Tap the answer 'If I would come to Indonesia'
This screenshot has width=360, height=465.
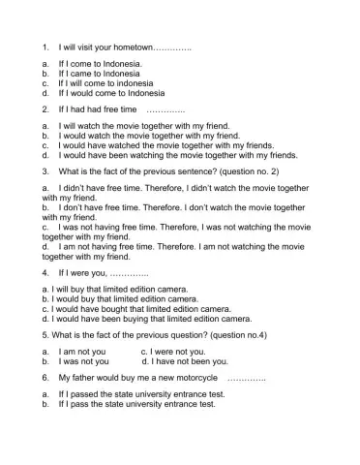[x=111, y=93]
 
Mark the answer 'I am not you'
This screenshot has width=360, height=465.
[x=83, y=351]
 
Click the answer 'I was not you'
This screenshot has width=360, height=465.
[x=83, y=360]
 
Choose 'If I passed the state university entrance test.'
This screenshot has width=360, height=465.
[x=141, y=394]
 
